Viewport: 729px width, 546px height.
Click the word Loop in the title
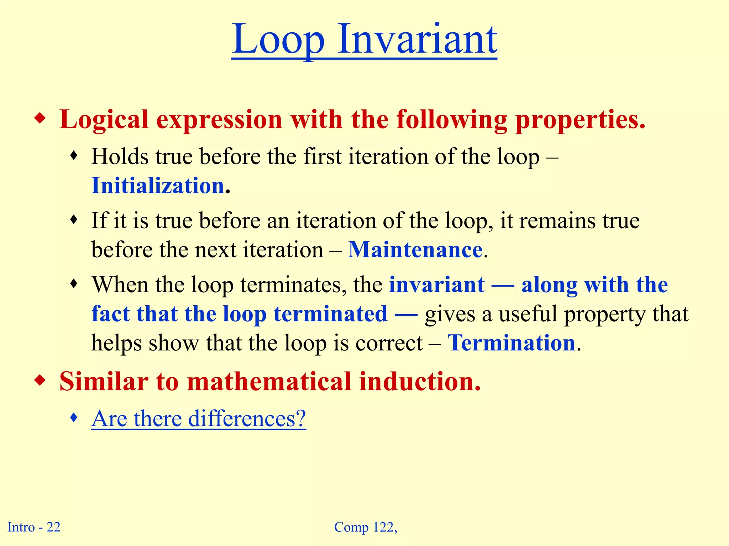278,40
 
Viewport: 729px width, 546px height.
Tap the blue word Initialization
158,186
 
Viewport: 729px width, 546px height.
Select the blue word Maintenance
415,250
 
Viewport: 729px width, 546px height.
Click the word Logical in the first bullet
104,119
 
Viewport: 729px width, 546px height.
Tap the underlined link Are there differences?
198,418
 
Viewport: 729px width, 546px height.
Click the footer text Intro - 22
34,527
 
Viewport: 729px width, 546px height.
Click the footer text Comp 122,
366,527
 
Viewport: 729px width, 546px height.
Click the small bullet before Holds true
74,155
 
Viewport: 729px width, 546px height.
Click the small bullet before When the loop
74,284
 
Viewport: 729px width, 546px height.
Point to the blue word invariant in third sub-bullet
437,285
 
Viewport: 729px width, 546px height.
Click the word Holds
120,156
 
